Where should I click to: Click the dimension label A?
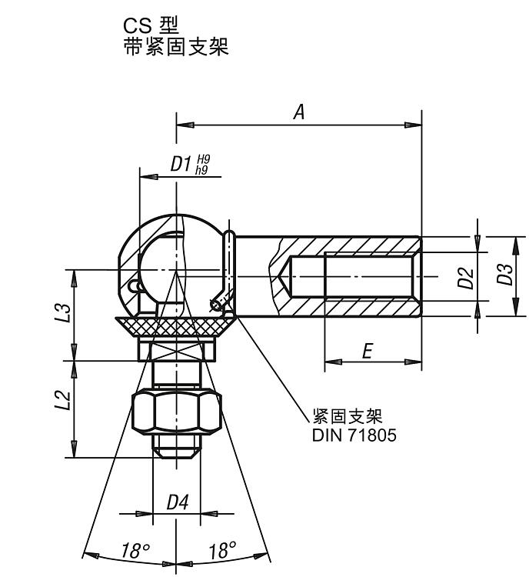pos(299,113)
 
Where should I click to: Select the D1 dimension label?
pos(180,165)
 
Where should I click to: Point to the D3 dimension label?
pos(504,275)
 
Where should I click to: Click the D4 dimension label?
pos(178,503)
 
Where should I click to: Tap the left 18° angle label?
pos(135,550)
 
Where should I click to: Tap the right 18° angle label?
pos(222,550)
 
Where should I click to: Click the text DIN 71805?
pos(354,435)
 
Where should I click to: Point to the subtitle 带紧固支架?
pos(176,48)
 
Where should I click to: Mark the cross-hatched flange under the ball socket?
pos(177,326)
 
